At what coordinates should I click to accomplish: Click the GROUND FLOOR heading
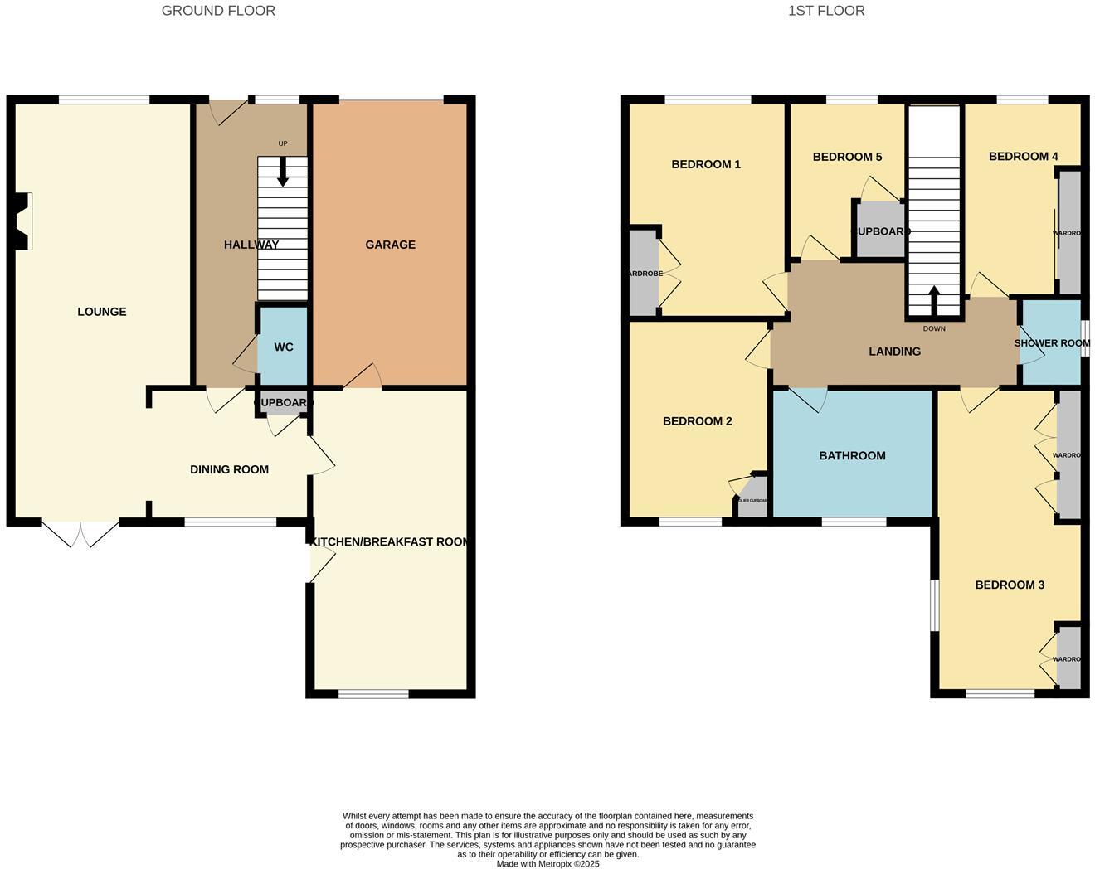218,11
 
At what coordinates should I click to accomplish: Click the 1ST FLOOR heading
826,11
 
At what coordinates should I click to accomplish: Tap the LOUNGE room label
102,312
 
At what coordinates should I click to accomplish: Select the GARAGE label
390,245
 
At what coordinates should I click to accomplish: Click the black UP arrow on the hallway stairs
283,172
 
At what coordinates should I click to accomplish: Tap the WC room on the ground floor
284,347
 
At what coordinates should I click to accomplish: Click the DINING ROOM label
229,469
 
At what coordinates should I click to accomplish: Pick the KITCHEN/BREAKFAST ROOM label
389,541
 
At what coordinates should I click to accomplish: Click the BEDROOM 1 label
706,164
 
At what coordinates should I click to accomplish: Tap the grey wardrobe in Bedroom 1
644,273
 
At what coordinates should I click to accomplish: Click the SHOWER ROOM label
1051,343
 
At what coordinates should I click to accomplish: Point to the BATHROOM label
852,455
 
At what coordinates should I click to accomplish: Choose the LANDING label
894,352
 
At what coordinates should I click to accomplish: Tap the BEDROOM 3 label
1010,585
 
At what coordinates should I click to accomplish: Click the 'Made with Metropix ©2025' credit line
547,863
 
